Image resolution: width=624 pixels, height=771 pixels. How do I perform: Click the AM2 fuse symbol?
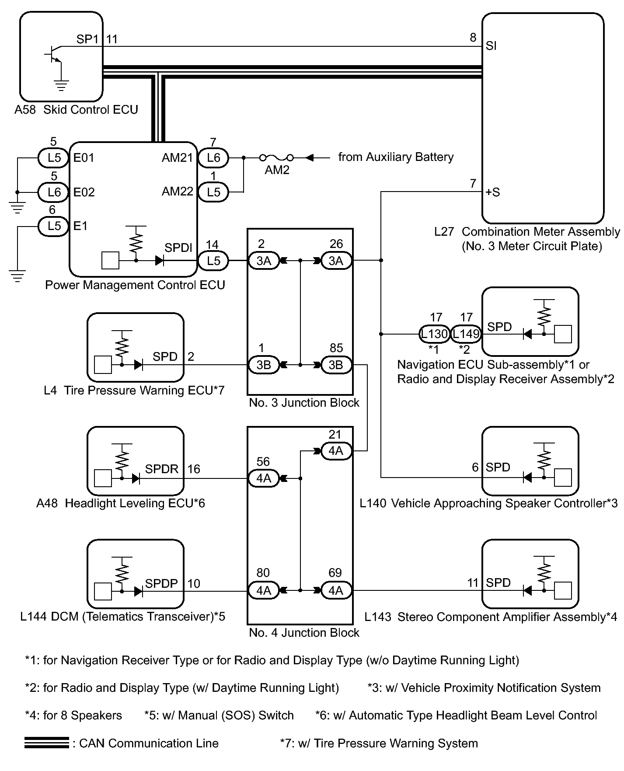click(276, 157)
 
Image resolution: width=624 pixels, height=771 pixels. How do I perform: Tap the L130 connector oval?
click(434, 334)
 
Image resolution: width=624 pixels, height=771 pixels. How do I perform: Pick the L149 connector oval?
click(466, 334)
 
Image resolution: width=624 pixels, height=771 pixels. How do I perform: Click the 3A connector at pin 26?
click(336, 261)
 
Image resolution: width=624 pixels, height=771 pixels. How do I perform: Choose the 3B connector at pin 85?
click(336, 365)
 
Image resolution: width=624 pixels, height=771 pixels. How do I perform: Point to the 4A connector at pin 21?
click(336, 451)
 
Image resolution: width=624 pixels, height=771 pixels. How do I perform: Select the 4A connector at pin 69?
click(336, 590)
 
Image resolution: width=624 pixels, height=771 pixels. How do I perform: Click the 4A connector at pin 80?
click(264, 590)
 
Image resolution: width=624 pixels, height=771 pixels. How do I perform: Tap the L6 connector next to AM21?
click(213, 158)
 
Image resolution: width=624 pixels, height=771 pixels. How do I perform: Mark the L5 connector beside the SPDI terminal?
click(213, 261)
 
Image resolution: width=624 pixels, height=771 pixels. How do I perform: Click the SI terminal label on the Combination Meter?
click(491, 46)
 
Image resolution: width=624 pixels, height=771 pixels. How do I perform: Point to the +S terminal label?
click(493, 192)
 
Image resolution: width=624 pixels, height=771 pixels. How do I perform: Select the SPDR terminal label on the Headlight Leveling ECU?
click(162, 469)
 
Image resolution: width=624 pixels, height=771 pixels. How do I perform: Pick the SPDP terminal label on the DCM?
click(161, 583)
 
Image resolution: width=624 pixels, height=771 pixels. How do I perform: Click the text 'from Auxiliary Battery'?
click(396, 157)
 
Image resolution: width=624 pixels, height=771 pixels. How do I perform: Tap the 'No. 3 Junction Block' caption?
click(304, 403)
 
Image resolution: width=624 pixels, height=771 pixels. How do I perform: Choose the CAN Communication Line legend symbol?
click(47, 743)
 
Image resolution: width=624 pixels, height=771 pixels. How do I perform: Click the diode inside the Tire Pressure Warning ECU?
click(139, 364)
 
